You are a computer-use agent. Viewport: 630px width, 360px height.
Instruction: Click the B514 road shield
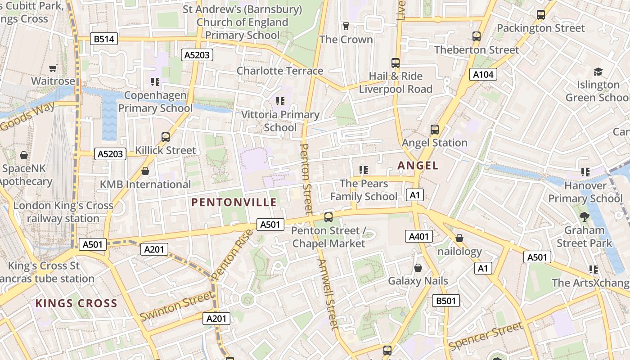103,39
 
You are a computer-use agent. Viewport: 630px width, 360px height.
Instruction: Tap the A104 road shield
483,75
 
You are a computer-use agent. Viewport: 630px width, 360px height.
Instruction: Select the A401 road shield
418,236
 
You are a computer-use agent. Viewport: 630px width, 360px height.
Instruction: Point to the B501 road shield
446,301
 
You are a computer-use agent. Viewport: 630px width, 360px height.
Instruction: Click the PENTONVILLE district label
234,202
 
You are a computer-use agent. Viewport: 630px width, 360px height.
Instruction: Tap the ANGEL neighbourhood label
418,166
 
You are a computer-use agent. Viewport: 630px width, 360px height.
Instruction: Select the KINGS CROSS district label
76,303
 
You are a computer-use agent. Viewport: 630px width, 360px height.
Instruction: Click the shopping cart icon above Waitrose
53,68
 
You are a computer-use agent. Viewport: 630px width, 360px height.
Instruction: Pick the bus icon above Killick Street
166,137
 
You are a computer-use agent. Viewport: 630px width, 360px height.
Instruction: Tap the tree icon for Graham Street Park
584,217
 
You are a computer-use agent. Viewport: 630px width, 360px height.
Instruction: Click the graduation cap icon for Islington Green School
598,72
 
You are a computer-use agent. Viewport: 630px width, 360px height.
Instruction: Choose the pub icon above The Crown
346,26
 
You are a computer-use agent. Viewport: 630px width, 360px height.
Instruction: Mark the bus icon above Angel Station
434,130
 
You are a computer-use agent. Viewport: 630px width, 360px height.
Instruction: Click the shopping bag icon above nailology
459,238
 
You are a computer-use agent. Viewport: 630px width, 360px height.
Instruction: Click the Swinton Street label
176,306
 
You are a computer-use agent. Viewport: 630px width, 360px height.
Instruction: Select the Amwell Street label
328,294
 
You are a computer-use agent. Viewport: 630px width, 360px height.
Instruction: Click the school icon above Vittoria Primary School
280,101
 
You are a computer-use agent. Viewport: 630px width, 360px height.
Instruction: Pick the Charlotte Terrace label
279,71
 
